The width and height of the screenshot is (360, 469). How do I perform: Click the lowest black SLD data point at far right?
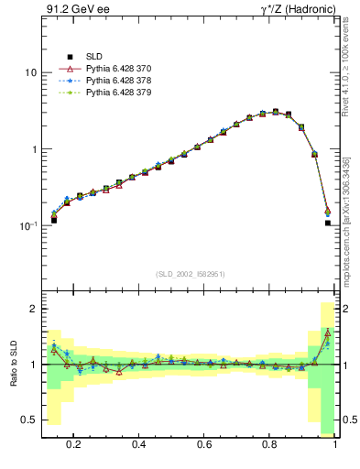point(327,248)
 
